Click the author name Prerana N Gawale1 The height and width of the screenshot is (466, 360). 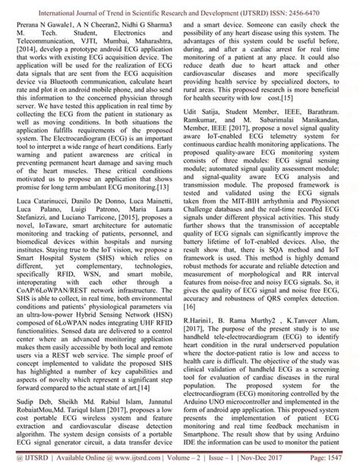pyautogui.click(x=48, y=24)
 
